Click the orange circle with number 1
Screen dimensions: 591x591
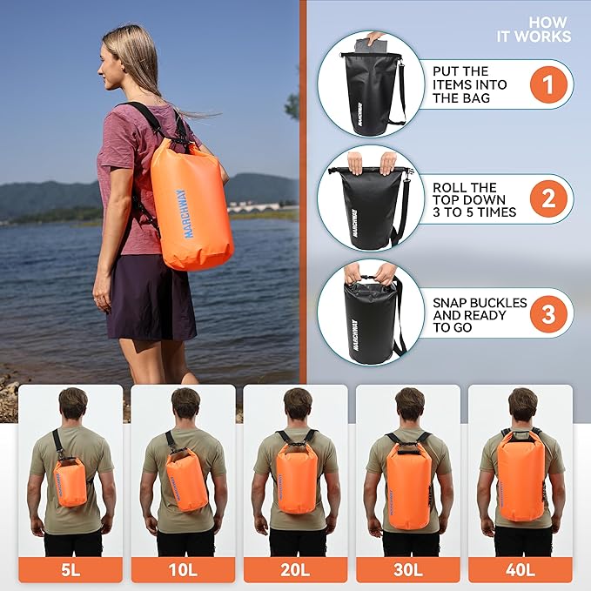pyautogui.click(x=548, y=84)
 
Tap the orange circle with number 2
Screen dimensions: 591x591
pyautogui.click(x=548, y=199)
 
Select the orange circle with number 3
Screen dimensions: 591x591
pyautogui.click(x=548, y=312)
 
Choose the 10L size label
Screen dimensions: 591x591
pyautogui.click(x=183, y=570)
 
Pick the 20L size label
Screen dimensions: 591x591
pyautogui.click(x=296, y=570)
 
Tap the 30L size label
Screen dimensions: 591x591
pyautogui.click(x=408, y=570)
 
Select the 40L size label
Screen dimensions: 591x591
pyautogui.click(x=520, y=570)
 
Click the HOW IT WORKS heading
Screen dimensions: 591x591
pyautogui.click(x=534, y=30)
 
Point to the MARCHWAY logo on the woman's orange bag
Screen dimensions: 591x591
pyautogui.click(x=179, y=213)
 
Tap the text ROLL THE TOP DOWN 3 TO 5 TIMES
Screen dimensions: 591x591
pyautogui.click(x=474, y=199)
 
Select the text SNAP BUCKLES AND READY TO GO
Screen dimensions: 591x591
pyautogui.click(x=480, y=315)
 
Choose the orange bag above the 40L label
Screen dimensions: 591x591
pyautogui.click(x=521, y=476)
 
